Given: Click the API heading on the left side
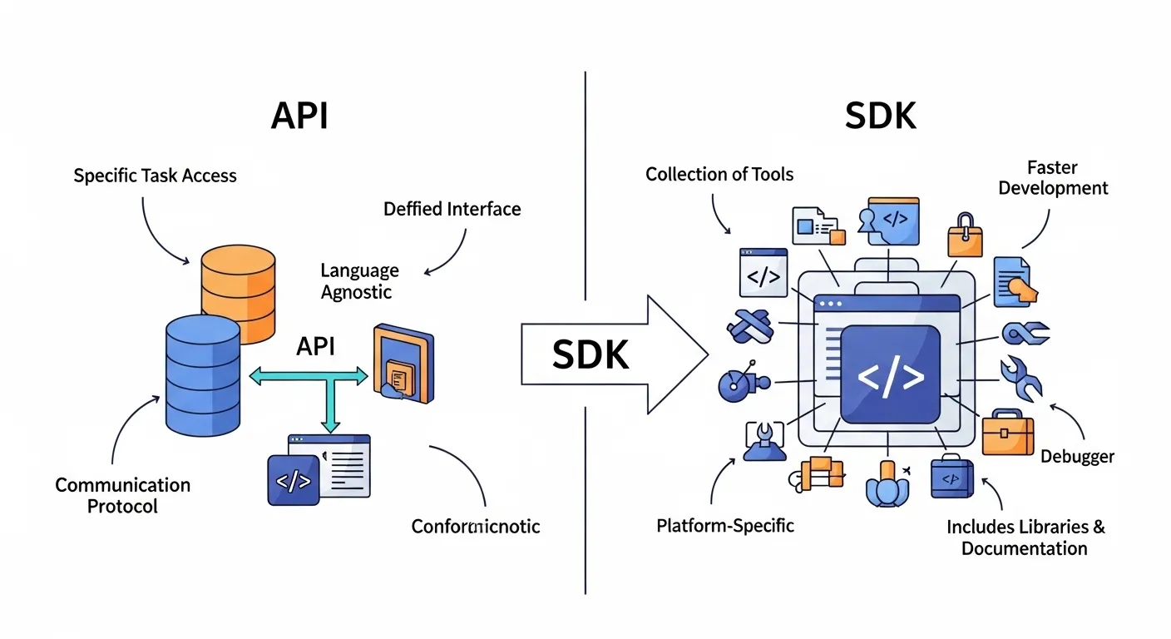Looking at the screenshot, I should click(299, 116).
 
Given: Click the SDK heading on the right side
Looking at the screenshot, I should click(881, 116).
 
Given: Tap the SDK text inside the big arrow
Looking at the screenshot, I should click(590, 355).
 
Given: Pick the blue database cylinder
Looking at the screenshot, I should click(202, 375).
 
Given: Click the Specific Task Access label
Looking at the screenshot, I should click(155, 176).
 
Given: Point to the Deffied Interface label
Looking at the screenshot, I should click(452, 209).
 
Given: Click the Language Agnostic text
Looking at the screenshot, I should click(360, 281).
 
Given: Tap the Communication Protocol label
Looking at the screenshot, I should click(122, 495).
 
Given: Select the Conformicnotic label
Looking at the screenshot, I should click(476, 526).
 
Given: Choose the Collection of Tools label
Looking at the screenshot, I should click(719, 174).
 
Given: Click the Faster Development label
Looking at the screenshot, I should click(1053, 177).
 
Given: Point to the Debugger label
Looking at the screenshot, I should click(1077, 456).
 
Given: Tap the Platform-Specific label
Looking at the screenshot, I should click(725, 526).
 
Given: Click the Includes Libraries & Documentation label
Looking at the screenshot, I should click(1025, 537).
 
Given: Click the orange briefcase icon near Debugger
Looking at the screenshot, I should click(1007, 433).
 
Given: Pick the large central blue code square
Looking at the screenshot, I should click(891, 375).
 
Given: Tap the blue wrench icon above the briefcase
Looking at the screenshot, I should click(1020, 379).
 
